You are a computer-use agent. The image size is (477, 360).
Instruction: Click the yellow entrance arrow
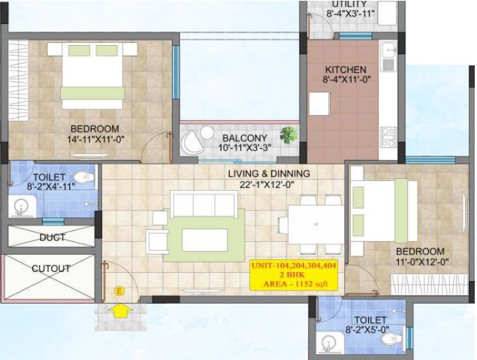pos(120,311)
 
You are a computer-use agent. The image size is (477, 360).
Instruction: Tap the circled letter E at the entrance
pos(119,291)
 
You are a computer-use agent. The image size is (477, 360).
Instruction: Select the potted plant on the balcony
pos(288,135)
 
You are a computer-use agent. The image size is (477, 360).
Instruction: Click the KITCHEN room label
pos(346,69)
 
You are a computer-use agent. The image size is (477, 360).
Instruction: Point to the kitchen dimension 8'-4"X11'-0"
pos(346,80)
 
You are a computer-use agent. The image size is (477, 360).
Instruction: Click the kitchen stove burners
pos(388,138)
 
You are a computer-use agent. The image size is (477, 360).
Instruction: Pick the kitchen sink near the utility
pos(388,56)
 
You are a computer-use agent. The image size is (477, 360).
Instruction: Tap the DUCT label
pos(52,237)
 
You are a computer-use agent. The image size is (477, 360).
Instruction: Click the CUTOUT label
pos(51,269)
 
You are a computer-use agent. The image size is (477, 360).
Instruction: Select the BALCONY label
pos(245,138)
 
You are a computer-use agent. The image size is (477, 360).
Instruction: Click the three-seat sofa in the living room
pos(204,204)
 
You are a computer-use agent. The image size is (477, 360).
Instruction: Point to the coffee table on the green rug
pos(205,240)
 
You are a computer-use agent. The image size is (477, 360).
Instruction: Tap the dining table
pos(315,225)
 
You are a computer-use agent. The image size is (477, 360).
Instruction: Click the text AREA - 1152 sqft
pos(295,284)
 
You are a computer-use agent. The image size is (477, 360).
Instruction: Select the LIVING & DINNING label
pos(269,174)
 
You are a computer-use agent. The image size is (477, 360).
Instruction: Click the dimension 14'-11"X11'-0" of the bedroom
pos(96,139)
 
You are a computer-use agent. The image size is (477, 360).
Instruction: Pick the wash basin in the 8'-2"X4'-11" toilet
pos(22,207)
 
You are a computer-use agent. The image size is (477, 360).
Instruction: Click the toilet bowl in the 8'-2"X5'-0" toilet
pos(392,339)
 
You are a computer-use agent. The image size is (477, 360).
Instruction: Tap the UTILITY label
pos(349,4)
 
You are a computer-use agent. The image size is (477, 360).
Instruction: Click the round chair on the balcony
pos(192,143)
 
